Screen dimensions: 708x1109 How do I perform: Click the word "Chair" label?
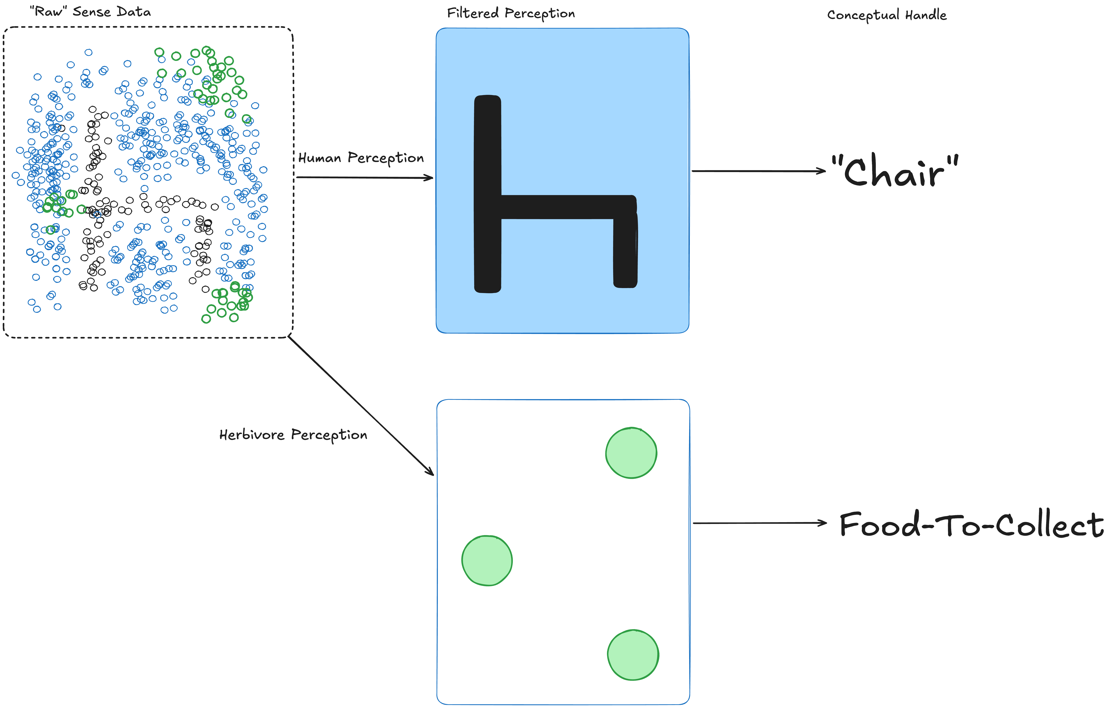point(894,171)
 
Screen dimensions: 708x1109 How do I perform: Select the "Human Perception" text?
point(361,158)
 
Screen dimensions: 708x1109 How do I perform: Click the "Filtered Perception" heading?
point(511,13)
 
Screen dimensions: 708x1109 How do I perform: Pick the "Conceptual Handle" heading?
point(887,15)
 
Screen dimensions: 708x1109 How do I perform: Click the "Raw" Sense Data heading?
point(90,11)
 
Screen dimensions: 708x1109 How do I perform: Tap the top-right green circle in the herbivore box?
point(631,453)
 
